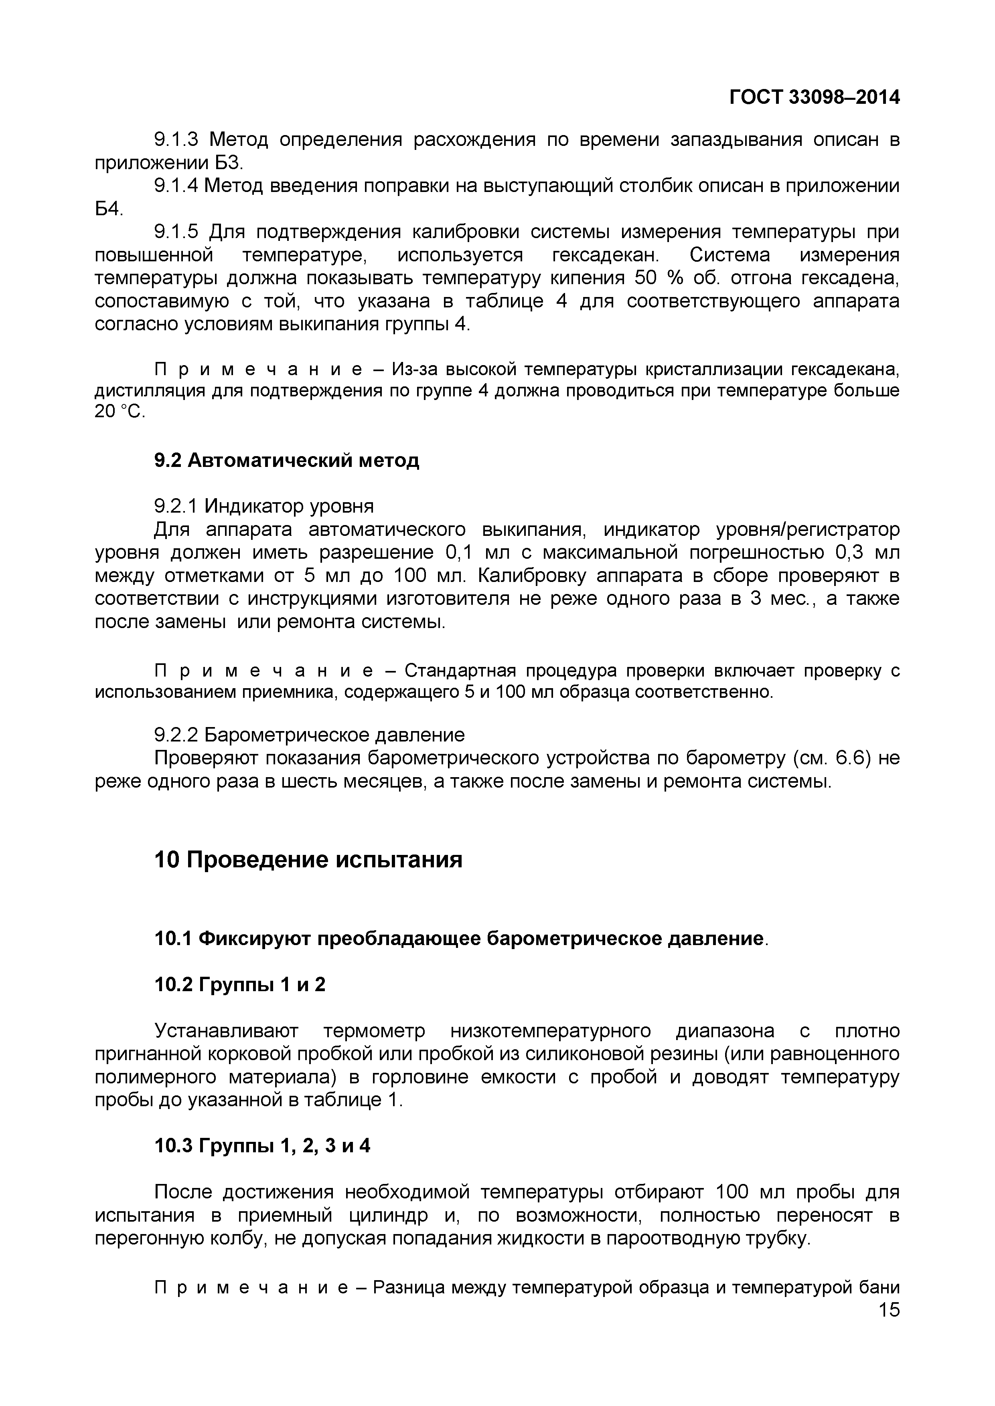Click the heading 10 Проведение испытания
[308, 860]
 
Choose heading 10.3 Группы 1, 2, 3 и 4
[262, 1146]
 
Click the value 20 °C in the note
[120, 412]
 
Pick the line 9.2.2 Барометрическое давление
[309, 735]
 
